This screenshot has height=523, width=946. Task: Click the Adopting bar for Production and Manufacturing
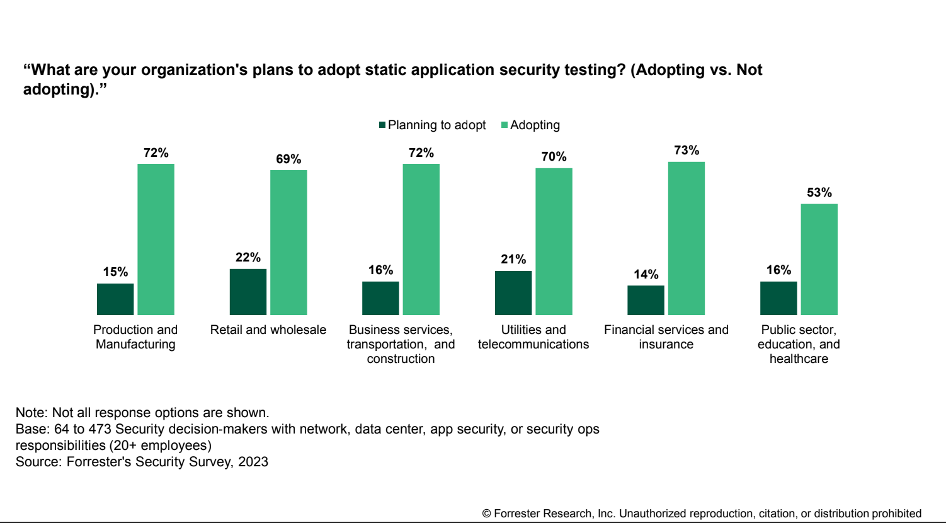pos(156,239)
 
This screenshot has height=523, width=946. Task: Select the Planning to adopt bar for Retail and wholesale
pos(248,292)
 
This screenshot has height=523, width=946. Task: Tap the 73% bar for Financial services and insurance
pos(687,238)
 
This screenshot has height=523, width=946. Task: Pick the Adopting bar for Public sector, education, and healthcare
pos(819,259)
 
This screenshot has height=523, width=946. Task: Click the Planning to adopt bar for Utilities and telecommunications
pos(513,293)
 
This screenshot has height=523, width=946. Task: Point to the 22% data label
pos(248,257)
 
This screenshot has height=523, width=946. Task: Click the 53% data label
pos(819,192)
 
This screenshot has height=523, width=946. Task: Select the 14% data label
pos(646,274)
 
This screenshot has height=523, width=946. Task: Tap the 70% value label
pos(554,156)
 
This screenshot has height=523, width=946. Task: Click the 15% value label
pos(116,272)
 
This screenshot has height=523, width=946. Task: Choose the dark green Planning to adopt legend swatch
pos(382,125)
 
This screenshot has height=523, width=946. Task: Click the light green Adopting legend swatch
pos(504,125)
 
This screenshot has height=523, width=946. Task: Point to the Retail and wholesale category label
pos(268,330)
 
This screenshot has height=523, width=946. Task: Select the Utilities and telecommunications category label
pos(533,337)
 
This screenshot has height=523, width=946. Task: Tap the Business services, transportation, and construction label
pos(401,344)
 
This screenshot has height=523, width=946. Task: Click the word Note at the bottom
pos(30,413)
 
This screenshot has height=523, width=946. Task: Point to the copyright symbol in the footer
pos(486,514)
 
